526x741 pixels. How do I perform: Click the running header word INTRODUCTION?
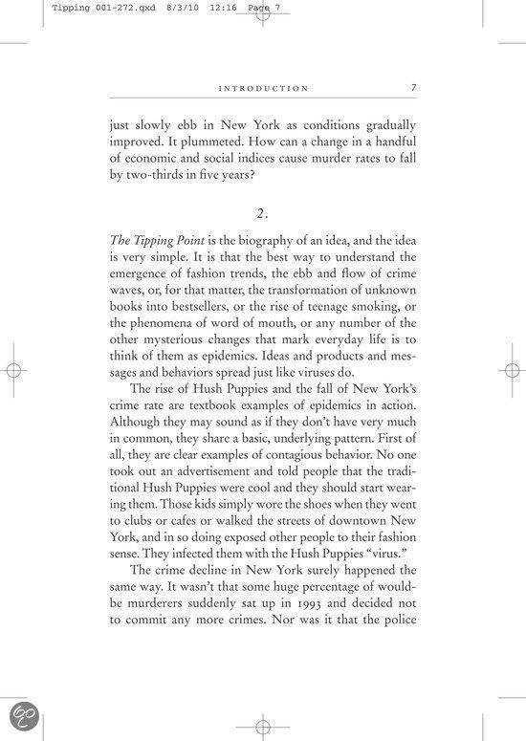(263, 88)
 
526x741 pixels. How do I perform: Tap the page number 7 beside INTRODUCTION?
(413, 87)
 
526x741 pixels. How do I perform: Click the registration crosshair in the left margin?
(12, 371)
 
